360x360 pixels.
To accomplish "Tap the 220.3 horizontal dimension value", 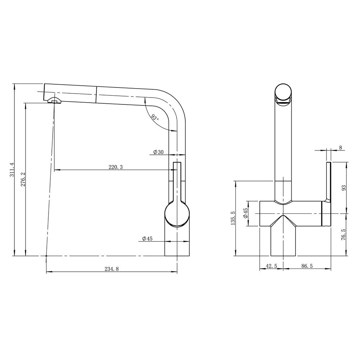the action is coord(116,167).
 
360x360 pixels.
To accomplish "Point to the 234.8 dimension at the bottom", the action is coord(112,269).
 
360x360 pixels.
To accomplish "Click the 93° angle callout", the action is coord(155,118).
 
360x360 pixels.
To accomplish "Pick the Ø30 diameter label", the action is coord(158,152).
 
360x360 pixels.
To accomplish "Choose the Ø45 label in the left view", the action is coord(147,239).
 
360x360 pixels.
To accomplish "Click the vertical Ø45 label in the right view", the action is coord(246,213).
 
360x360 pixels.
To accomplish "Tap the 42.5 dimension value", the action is coord(271,266).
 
